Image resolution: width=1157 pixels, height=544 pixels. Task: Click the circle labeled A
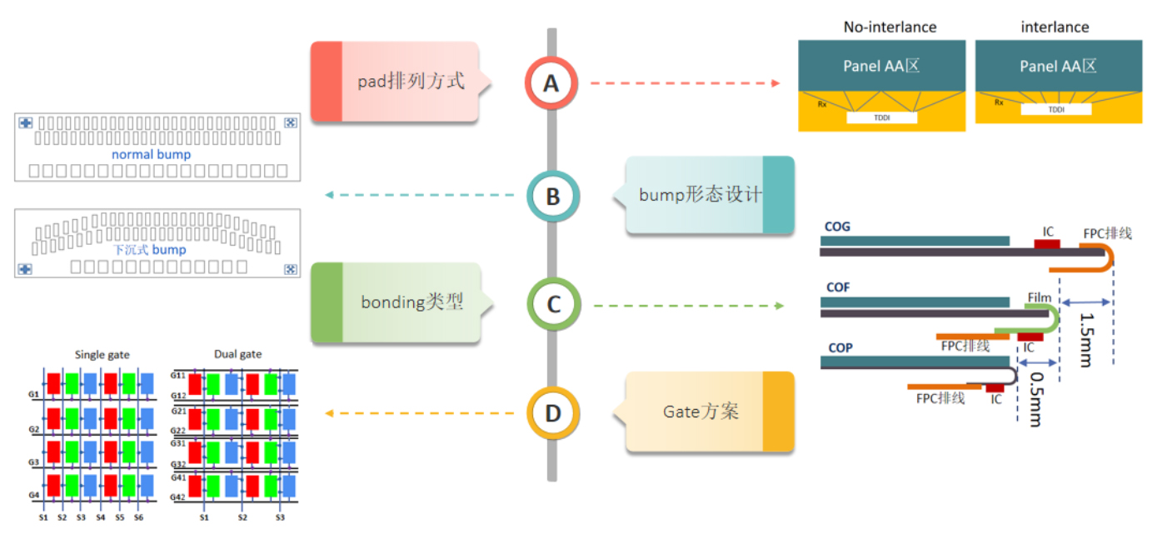point(551,82)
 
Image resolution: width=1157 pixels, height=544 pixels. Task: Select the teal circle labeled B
point(552,197)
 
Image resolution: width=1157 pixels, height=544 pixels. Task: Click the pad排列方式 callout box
point(395,82)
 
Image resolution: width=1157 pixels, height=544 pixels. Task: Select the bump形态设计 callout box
point(709,196)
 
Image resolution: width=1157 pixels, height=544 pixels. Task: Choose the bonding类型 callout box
point(396,302)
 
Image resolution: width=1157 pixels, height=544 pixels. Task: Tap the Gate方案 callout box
point(709,412)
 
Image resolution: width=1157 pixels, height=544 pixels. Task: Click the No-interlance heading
point(890,27)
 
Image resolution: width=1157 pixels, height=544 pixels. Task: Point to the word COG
point(837,227)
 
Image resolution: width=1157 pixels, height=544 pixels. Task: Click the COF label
point(837,287)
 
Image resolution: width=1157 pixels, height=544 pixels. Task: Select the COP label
point(840,347)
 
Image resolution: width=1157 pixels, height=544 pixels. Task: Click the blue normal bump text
point(151,154)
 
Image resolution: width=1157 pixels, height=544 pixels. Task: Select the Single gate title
point(102,354)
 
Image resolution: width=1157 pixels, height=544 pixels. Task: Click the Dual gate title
point(237,354)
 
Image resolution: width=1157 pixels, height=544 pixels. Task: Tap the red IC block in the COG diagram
point(1046,243)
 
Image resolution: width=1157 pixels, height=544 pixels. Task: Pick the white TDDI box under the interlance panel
point(1055,109)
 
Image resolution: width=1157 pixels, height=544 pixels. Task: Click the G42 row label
point(177,497)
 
